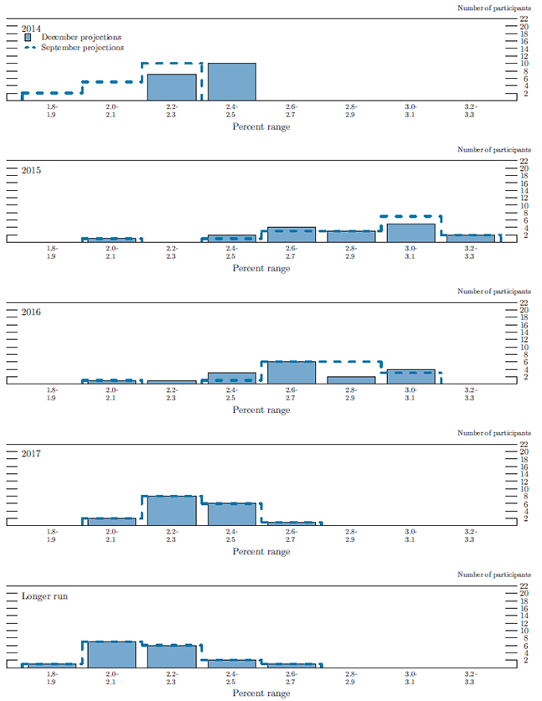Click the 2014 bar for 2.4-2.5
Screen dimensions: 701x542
(232, 81)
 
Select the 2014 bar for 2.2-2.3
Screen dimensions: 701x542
(172, 87)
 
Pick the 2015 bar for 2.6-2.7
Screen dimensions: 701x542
(292, 235)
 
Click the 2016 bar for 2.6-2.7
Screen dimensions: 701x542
(292, 372)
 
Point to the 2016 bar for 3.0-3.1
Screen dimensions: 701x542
(411, 376)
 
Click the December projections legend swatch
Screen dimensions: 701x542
(29, 38)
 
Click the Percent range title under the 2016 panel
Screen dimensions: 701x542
(261, 410)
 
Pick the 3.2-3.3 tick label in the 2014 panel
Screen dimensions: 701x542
(471, 111)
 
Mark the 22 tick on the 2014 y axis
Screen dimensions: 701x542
(524, 18)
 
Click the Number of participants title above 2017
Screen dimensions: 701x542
(493, 433)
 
